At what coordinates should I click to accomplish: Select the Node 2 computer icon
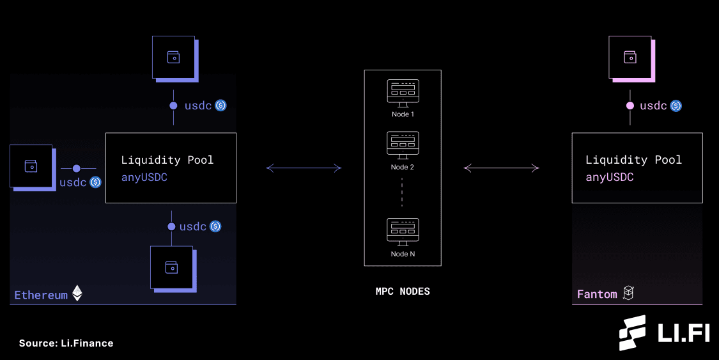tap(403, 145)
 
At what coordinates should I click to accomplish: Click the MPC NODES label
tap(403, 292)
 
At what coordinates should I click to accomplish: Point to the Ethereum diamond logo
tap(77, 293)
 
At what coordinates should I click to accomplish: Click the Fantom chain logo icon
tap(628, 293)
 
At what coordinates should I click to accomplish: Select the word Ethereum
tap(41, 295)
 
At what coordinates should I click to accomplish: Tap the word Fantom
tap(597, 294)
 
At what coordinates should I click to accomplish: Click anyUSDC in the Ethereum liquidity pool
tap(144, 177)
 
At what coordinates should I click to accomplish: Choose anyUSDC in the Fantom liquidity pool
tap(609, 177)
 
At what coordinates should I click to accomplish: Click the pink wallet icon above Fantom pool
tap(630, 57)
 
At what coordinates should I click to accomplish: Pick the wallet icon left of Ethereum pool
tap(31, 166)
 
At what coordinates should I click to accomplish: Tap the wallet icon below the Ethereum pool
tap(171, 267)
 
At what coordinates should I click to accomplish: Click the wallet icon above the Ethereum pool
tap(173, 57)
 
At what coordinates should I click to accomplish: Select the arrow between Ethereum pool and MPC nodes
tap(304, 168)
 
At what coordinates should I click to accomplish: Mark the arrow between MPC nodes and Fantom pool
tap(501, 168)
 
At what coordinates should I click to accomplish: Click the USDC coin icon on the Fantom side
tap(676, 106)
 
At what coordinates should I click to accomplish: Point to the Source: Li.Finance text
tap(66, 343)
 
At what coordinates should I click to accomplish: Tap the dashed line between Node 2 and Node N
tap(402, 192)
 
